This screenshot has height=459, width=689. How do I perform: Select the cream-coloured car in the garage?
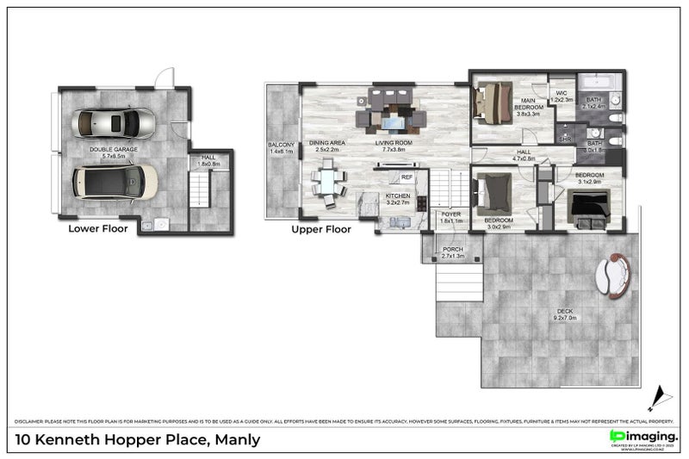pos(115,182)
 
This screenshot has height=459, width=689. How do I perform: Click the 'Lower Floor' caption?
pos(98,230)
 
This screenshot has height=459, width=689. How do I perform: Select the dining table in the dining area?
pos(328,182)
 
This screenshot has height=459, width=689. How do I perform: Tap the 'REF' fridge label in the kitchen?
pos(407,177)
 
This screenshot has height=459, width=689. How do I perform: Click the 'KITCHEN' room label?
pos(397,195)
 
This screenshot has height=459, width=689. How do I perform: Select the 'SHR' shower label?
pos(566,138)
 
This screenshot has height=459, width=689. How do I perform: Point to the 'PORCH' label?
pos(452,250)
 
